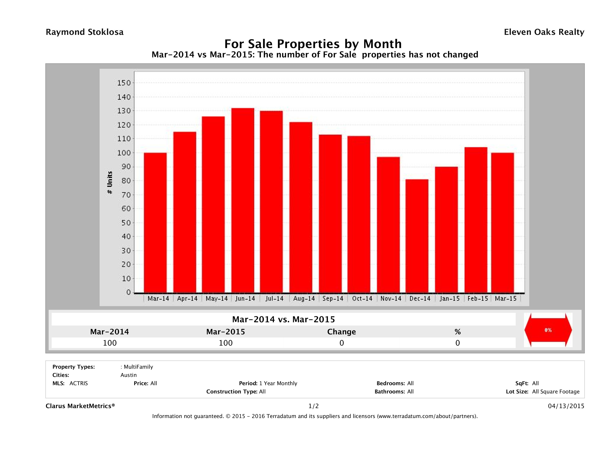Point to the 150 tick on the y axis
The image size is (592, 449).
tap(124, 83)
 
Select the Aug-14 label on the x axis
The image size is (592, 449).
tap(304, 299)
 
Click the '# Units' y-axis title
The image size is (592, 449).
tap(110, 183)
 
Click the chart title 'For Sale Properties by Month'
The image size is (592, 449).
tap(313, 44)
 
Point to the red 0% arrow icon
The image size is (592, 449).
tap(548, 330)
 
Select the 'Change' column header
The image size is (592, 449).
tap(342, 332)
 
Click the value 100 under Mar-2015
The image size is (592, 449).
tap(226, 343)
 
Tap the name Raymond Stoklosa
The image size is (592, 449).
tap(85, 32)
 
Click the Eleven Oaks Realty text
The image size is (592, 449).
tap(544, 32)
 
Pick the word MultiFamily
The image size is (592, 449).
tap(138, 367)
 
